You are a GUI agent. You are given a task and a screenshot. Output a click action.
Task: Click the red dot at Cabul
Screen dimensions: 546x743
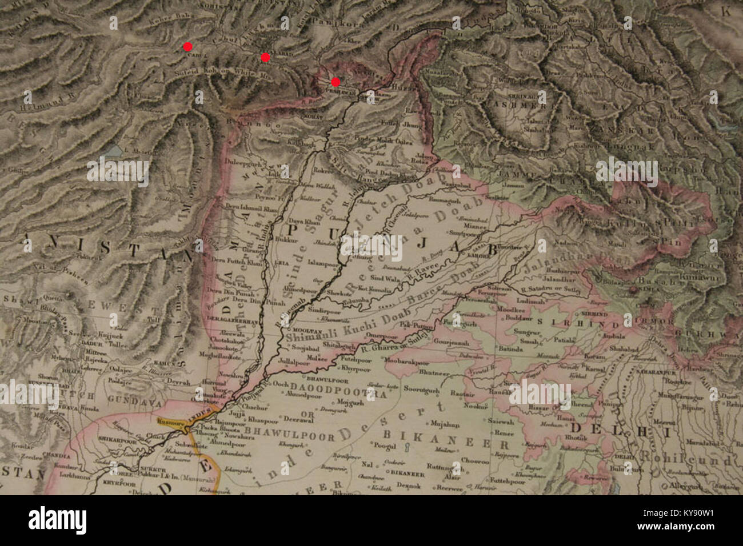tap(187, 47)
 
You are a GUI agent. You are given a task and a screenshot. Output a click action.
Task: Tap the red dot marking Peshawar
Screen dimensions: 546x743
tap(335, 82)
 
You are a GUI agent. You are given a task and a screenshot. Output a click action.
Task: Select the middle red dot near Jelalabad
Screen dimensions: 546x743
tap(265, 57)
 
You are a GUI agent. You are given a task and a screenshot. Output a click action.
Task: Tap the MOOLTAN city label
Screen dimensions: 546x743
tap(304, 330)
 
